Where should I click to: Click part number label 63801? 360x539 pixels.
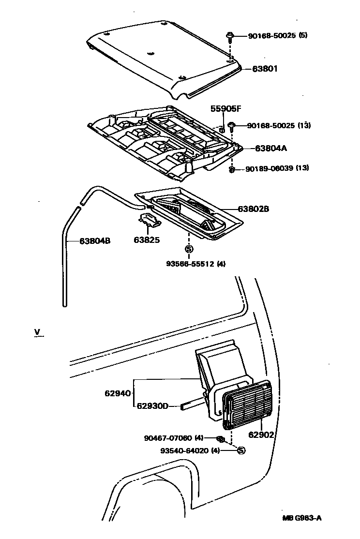[x=265, y=69]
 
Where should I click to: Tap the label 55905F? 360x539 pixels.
[x=225, y=108]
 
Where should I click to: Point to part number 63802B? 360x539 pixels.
[x=253, y=210]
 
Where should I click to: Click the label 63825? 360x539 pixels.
[x=147, y=240]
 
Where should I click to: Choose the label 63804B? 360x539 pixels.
[x=95, y=240]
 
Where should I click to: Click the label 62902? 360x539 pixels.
[x=261, y=434]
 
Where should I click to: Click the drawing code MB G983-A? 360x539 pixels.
[x=302, y=518]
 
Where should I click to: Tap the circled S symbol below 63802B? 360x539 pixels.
[x=189, y=249]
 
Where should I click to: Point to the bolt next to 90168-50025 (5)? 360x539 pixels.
[x=230, y=36]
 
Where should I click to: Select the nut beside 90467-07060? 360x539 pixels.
[x=219, y=439]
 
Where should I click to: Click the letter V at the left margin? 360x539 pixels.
[x=37, y=331]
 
